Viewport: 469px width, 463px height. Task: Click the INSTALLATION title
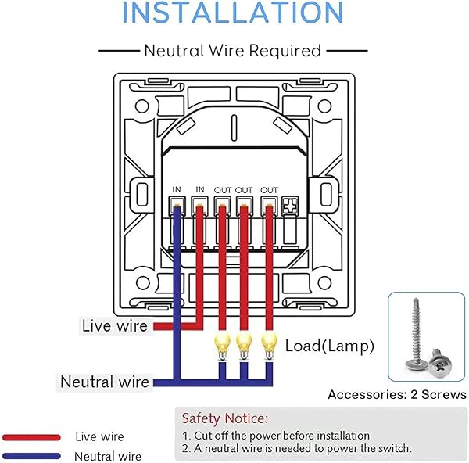pyautogui.click(x=234, y=14)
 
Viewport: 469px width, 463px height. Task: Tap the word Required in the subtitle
pyautogui.click(x=285, y=51)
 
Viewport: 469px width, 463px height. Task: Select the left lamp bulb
pyautogui.click(x=220, y=343)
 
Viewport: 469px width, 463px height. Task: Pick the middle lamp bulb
pyautogui.click(x=245, y=343)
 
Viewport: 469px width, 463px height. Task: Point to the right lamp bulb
pyautogui.click(x=270, y=343)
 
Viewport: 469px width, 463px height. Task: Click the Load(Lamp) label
pyautogui.click(x=329, y=345)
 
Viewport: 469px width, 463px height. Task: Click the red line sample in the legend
pyautogui.click(x=31, y=437)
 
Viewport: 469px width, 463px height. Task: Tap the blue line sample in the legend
pyautogui.click(x=31, y=455)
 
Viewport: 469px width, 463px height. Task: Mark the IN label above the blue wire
pyautogui.click(x=177, y=190)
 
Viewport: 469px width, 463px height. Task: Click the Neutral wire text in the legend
pyautogui.click(x=108, y=456)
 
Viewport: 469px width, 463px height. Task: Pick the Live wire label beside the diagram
pyautogui.click(x=114, y=325)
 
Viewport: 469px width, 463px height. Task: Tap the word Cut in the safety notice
pyautogui.click(x=203, y=436)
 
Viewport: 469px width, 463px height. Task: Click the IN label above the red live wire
pyautogui.click(x=199, y=190)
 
